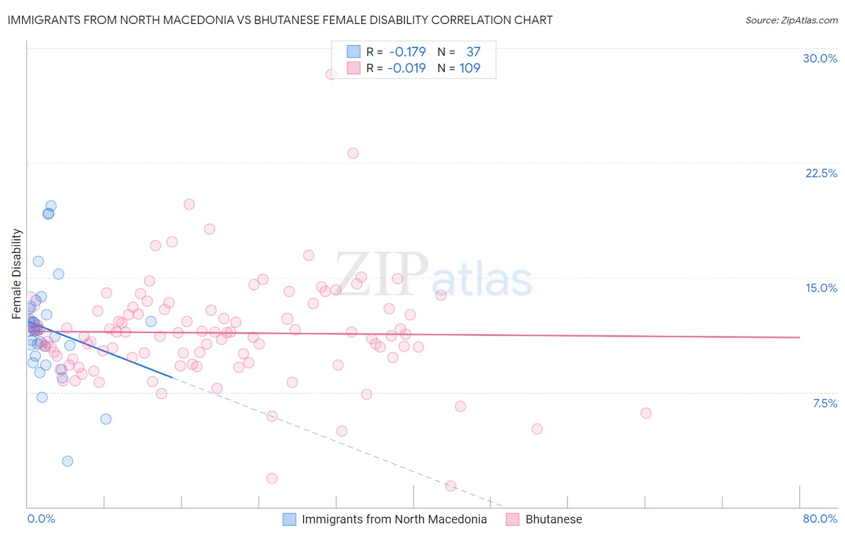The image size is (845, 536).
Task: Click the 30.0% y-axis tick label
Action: [x=820, y=58]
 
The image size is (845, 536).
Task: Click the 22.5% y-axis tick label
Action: [x=821, y=173]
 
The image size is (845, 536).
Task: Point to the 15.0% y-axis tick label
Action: [x=821, y=288]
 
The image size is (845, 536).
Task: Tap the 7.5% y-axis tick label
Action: [x=825, y=403]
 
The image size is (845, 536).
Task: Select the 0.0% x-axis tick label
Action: [x=41, y=519]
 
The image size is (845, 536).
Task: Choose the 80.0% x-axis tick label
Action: [x=820, y=519]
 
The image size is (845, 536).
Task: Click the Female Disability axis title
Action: [x=17, y=273]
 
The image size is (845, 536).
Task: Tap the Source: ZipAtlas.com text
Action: [x=791, y=20]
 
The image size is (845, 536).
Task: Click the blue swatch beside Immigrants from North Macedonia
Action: [x=290, y=519]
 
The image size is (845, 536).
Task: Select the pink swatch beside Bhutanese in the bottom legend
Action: [x=513, y=519]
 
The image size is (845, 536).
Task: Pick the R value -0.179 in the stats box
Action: [x=407, y=52]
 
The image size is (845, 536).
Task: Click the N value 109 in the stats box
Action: [x=470, y=69]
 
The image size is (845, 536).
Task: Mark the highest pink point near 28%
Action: [x=331, y=75]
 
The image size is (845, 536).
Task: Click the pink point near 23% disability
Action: [x=353, y=153]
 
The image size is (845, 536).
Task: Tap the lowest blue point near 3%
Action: [x=67, y=461]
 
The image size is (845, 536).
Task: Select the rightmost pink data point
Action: [x=646, y=413]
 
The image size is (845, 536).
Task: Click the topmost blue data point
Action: [x=51, y=206]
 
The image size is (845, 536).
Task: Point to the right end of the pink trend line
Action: [x=799, y=338]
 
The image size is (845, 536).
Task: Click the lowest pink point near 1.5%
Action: [x=451, y=486]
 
